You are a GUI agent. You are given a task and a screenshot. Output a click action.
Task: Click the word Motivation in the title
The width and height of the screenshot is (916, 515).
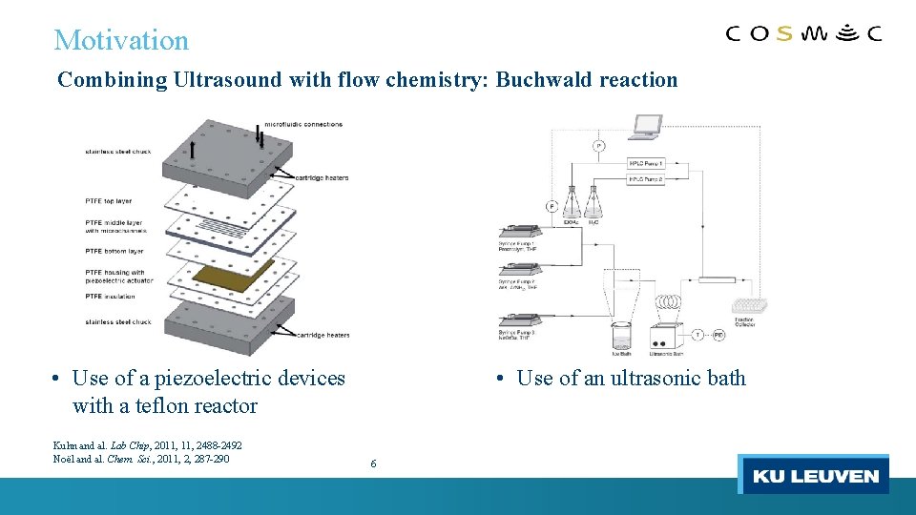(x=121, y=40)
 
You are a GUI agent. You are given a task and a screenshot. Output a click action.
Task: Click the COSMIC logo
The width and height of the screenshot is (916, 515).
(x=803, y=34)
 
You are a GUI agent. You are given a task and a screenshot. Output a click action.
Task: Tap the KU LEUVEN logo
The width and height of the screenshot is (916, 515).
(x=814, y=476)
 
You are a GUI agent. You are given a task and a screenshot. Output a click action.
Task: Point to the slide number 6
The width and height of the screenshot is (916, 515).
(x=373, y=463)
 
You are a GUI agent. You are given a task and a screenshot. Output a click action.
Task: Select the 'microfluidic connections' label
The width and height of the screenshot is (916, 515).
(x=303, y=124)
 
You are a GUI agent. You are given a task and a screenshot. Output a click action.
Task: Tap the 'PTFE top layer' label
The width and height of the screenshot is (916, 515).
(x=109, y=201)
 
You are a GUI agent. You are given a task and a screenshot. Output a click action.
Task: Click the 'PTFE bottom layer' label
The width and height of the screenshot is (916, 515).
(x=114, y=251)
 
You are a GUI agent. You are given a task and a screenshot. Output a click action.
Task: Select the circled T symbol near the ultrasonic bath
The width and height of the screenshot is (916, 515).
(x=697, y=335)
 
